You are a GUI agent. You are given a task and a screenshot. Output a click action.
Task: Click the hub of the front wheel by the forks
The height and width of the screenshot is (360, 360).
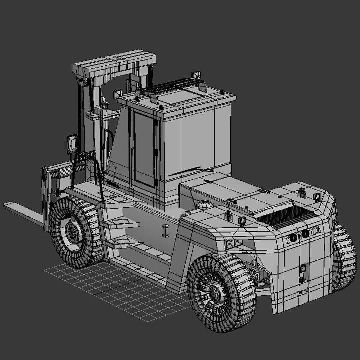point(71,231)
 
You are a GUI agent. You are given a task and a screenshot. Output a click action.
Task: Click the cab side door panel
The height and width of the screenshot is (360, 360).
point(144,148)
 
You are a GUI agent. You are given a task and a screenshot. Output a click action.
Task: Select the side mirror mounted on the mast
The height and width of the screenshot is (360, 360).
point(72,144)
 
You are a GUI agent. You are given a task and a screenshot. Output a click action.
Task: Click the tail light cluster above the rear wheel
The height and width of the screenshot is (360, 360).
point(233,244)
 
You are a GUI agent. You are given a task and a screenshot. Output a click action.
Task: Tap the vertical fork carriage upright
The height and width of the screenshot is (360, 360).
point(46,197)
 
